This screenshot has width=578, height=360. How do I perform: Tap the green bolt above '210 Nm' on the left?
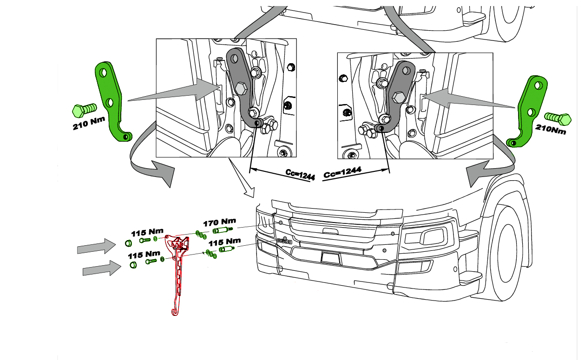[85, 110]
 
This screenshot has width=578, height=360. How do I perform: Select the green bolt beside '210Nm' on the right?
[558, 119]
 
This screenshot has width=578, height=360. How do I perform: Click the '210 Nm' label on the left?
[89, 123]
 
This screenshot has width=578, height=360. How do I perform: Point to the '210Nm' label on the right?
[551, 129]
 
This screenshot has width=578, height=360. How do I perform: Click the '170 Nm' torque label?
[220, 222]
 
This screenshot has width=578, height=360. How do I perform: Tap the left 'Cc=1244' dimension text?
[300, 175]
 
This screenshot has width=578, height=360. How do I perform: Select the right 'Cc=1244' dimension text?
[342, 172]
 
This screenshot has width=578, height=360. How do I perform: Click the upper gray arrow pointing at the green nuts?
[97, 246]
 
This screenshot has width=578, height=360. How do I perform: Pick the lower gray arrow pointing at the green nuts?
[102, 268]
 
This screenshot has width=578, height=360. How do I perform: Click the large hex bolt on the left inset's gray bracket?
[241, 89]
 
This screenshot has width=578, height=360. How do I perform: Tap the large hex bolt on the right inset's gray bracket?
[398, 98]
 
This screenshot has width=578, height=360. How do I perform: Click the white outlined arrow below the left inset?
[242, 178]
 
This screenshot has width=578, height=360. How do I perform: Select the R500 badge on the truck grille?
[284, 242]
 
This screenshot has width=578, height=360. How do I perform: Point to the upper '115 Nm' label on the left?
[147, 232]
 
